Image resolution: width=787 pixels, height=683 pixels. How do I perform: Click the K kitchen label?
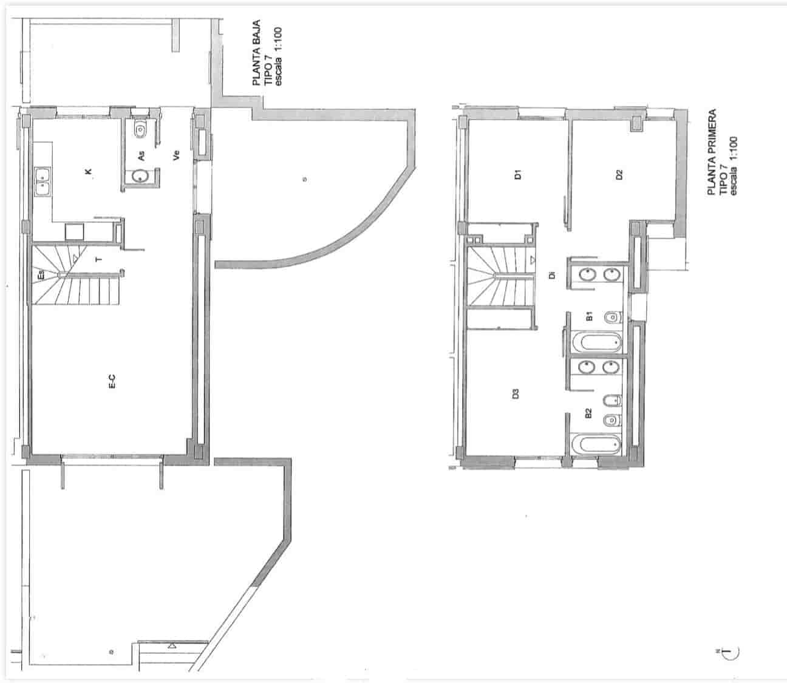pyautogui.click(x=89, y=172)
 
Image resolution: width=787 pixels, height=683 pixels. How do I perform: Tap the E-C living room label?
pyautogui.click(x=112, y=381)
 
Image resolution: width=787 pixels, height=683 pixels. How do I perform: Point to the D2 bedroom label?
pyautogui.click(x=619, y=175)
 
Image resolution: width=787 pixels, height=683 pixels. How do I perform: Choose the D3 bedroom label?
pyautogui.click(x=516, y=393)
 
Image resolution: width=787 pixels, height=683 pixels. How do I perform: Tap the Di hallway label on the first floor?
pyautogui.click(x=551, y=274)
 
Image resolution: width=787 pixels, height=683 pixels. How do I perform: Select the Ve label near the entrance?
pyautogui.click(x=177, y=155)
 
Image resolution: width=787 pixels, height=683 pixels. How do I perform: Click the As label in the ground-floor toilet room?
pyautogui.click(x=141, y=156)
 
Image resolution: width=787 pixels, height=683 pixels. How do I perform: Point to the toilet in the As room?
pyautogui.click(x=141, y=129)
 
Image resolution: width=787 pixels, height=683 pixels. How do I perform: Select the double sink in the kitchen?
pyautogui.click(x=43, y=181)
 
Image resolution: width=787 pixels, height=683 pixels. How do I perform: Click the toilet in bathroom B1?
pyautogui.click(x=614, y=316)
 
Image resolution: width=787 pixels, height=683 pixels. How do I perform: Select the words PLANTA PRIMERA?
pyautogui.click(x=712, y=152)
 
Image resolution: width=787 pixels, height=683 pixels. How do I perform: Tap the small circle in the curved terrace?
pyautogui.click(x=304, y=178)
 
